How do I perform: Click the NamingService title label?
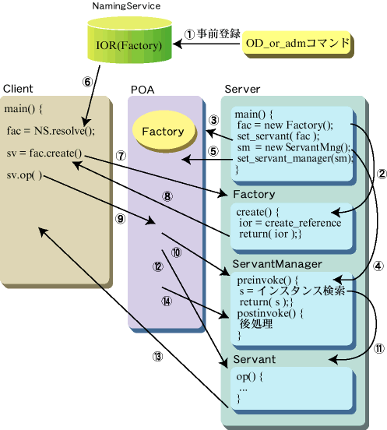pos(126,6)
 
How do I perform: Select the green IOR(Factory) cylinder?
pos(129,40)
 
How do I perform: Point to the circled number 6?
pos(87,82)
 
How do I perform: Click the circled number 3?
pos(214,120)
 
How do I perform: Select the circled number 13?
pos(157,357)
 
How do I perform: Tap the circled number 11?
pos(379,348)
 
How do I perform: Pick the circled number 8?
pos(167,196)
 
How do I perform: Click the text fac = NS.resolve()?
pos(51,131)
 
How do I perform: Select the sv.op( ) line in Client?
pos(24,175)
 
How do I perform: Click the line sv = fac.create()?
pos(44,153)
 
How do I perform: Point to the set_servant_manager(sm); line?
pos(295,158)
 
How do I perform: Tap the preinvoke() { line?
pos(268,280)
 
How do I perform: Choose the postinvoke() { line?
pos(270,313)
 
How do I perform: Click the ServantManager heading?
pos(277,264)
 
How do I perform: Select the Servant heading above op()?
pos(255,359)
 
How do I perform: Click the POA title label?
pos(142,90)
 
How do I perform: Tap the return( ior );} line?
pos(270,234)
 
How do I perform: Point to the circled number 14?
pos(167,301)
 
